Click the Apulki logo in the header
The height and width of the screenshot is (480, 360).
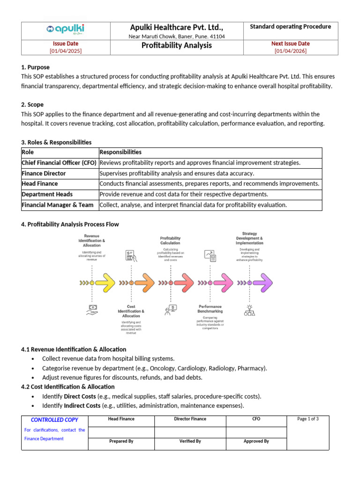click(x=66, y=30)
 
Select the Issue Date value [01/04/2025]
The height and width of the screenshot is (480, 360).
click(x=66, y=51)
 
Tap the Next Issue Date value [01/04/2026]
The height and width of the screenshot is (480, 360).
click(x=290, y=51)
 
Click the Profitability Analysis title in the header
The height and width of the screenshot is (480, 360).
click(x=177, y=45)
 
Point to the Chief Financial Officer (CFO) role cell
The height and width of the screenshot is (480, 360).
click(x=59, y=163)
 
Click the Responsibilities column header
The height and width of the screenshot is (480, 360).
click(x=120, y=152)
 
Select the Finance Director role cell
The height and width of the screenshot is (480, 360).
click(x=44, y=173)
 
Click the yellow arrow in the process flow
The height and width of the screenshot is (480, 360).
click(x=105, y=283)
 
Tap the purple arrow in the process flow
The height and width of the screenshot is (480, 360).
click(x=262, y=283)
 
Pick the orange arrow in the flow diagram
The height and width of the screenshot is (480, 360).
click(x=144, y=283)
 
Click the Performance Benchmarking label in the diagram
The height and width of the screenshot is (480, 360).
click(x=210, y=309)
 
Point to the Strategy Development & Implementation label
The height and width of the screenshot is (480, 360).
click(x=249, y=238)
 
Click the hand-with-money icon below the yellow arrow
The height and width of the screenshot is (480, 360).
click(x=92, y=309)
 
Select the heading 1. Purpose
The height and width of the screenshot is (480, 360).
click(x=35, y=67)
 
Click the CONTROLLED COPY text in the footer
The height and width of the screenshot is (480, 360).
click(x=54, y=420)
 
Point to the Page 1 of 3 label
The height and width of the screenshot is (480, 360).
click(x=308, y=419)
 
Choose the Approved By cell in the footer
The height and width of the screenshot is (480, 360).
click(x=256, y=441)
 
